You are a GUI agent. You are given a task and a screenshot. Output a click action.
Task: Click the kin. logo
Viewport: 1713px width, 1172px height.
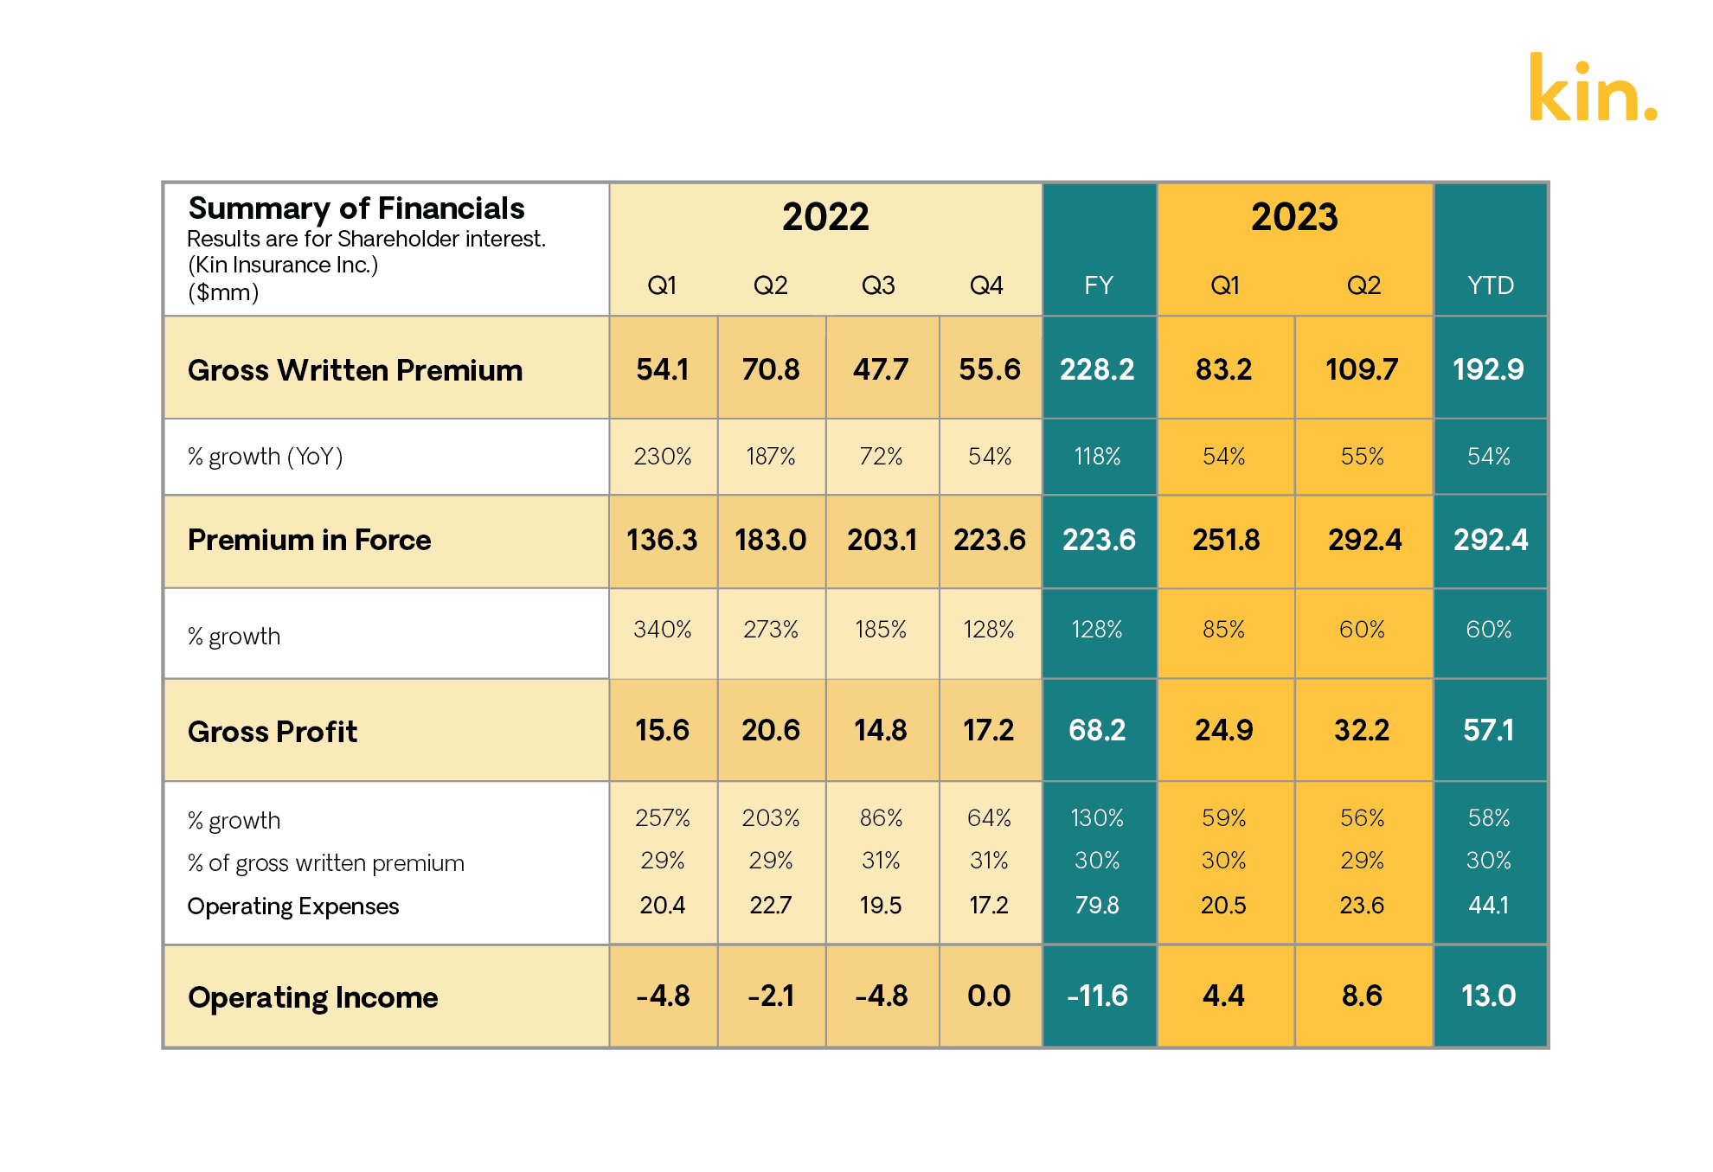pyautogui.click(x=1592, y=88)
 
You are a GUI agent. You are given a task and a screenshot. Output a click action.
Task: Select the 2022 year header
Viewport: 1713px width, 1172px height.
pyautogui.click(x=825, y=216)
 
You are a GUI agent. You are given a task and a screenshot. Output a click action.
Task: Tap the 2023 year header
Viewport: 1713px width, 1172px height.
pyautogui.click(x=1294, y=216)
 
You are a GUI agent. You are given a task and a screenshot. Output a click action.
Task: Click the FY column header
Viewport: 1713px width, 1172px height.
pyautogui.click(x=1099, y=285)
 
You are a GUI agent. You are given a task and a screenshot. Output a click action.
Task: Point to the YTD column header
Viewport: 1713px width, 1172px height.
pyautogui.click(x=1490, y=285)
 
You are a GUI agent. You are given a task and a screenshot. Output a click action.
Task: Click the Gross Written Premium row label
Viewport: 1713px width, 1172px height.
pyautogui.click(x=355, y=370)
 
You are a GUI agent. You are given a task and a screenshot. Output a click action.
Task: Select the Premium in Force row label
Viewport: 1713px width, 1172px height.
pyautogui.click(x=309, y=540)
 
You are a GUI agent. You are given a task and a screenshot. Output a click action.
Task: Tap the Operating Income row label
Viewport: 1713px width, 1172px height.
pyautogui.click(x=312, y=997)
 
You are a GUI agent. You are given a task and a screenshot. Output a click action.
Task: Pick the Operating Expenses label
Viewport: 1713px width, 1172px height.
pyautogui.click(x=292, y=906)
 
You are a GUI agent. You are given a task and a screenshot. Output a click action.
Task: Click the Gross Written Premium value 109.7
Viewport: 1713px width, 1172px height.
pyautogui.click(x=1362, y=369)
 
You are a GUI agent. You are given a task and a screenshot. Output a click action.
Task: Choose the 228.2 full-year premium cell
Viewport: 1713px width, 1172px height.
pyautogui.click(x=1097, y=369)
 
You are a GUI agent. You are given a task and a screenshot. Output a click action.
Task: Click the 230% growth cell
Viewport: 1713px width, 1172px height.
pyautogui.click(x=662, y=456)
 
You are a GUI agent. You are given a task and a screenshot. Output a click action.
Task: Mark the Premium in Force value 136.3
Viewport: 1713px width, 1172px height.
pyautogui.click(x=662, y=540)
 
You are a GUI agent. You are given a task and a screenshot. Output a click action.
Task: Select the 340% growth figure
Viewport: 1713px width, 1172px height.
pyautogui.click(x=662, y=629)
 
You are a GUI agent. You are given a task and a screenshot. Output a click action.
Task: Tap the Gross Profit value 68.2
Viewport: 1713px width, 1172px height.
pyautogui.click(x=1097, y=730)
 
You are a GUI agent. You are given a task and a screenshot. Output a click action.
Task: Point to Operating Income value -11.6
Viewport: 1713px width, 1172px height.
pyautogui.click(x=1097, y=996)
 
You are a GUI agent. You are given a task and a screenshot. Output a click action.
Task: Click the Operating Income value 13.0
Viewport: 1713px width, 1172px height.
pyautogui.click(x=1488, y=996)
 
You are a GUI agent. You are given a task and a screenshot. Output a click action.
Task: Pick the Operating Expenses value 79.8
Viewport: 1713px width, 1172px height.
pyautogui.click(x=1097, y=905)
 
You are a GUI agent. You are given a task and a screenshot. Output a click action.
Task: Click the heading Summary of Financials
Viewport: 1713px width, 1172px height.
pyautogui.click(x=356, y=208)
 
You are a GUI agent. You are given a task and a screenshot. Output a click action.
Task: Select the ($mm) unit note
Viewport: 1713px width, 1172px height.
pyautogui.click(x=223, y=292)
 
